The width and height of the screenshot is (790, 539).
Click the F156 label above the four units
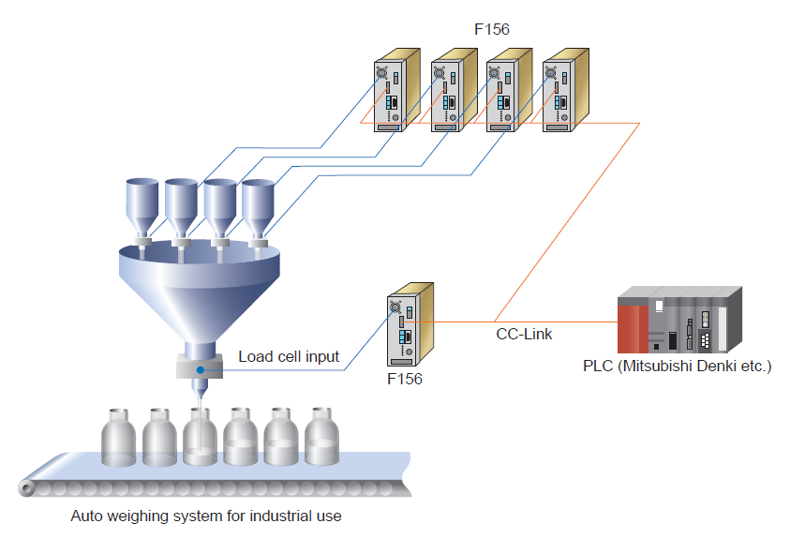(x=491, y=29)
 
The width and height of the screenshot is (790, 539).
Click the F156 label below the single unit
(x=405, y=380)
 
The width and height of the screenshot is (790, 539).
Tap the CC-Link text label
(x=524, y=333)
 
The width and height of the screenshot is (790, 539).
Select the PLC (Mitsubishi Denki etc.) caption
(x=677, y=366)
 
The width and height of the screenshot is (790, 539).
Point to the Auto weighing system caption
(x=206, y=516)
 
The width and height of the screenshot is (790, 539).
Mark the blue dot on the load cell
(x=200, y=371)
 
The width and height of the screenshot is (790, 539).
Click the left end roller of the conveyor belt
(x=27, y=488)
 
